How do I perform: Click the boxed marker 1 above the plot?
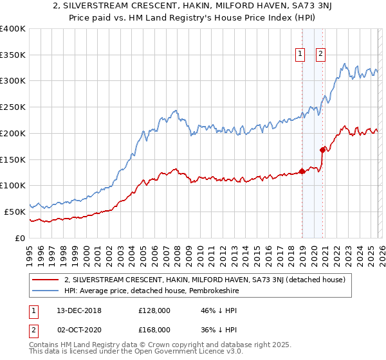pos(301,55)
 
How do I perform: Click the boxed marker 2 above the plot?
pos(320,55)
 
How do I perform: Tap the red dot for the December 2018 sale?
pos(302,171)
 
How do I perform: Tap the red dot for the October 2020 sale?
pos(322,150)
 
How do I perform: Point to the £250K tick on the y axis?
pos(13,107)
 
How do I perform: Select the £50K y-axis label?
pos(15,211)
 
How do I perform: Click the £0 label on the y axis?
pos(20,237)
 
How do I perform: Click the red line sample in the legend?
pos(46,280)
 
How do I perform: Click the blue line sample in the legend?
pos(46,291)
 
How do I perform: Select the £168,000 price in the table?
pos(154,329)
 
